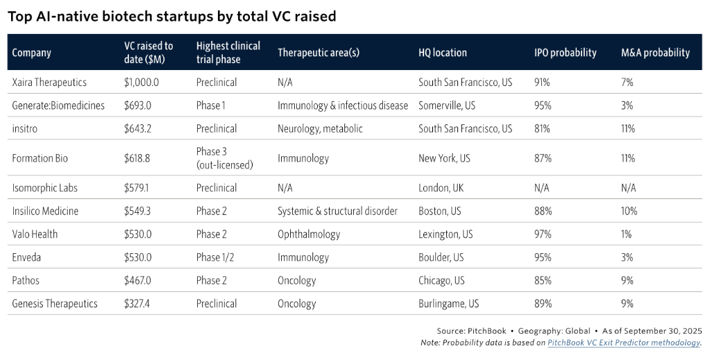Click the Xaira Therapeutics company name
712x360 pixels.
coord(49,82)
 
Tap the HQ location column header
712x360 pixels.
coord(443,53)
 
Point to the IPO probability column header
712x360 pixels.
coord(565,53)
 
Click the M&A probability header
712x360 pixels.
coord(655,53)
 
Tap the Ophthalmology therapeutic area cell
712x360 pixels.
coord(309,234)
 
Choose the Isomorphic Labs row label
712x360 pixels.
coord(44,188)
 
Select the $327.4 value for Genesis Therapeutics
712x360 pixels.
coord(137,304)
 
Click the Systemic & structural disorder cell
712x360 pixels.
coord(337,211)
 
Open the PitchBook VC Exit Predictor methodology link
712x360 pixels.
coord(624,343)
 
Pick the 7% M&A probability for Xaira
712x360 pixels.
coord(627,82)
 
